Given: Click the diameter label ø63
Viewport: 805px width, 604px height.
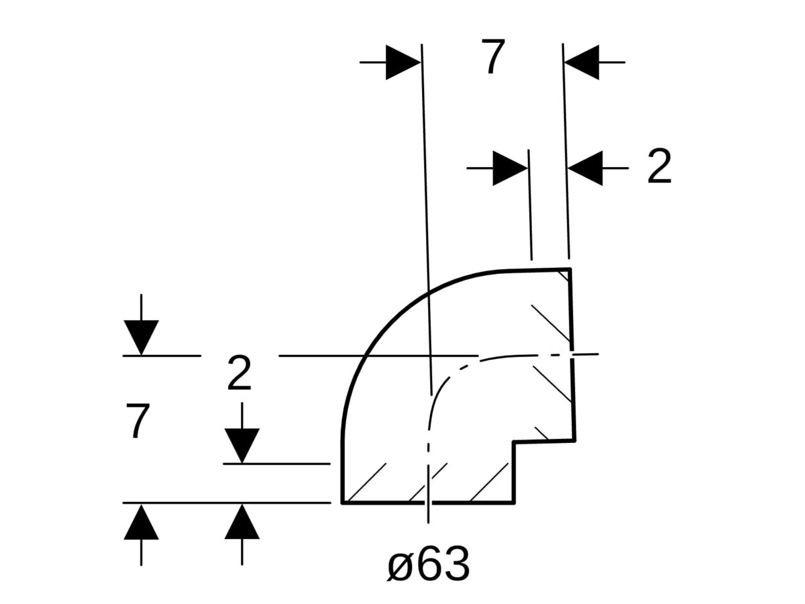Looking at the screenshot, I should pyautogui.click(x=429, y=565).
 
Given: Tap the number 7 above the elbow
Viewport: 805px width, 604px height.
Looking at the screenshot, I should pyautogui.click(x=492, y=58).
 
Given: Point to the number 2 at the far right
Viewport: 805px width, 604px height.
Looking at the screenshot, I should pyautogui.click(x=659, y=168).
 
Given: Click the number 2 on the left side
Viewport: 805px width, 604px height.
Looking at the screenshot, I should pyautogui.click(x=239, y=374).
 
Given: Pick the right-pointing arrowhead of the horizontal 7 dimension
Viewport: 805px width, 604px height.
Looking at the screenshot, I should pyautogui.click(x=403, y=62).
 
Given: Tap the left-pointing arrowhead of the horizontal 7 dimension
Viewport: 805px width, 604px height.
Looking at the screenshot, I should pyautogui.click(x=582, y=62).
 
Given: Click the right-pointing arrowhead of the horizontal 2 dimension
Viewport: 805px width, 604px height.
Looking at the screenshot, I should pyautogui.click(x=510, y=168).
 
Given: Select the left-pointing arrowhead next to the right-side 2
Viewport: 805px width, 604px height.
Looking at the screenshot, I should pyautogui.click(x=586, y=168).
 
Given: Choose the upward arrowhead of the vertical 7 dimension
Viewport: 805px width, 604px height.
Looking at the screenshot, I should pyautogui.click(x=141, y=522).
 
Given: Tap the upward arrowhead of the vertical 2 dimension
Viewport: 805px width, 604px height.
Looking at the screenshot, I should pyautogui.click(x=241, y=522).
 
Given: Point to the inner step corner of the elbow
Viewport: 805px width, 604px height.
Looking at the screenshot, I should pyautogui.click(x=514, y=442).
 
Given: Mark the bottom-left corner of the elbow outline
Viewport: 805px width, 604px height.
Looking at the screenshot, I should pyautogui.click(x=343, y=501).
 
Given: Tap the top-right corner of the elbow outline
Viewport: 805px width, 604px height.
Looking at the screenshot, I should pyautogui.click(x=570, y=269).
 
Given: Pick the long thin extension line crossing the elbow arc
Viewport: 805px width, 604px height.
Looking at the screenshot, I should pyautogui.click(x=425, y=201).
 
